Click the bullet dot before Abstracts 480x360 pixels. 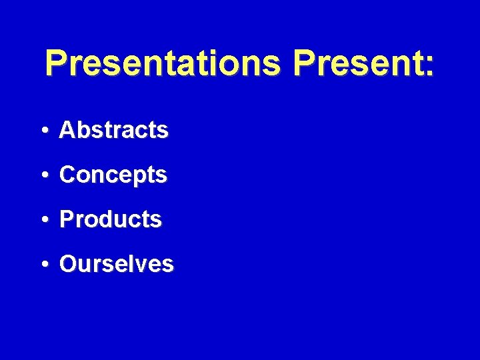[x=43, y=131]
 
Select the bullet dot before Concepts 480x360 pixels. [x=43, y=175]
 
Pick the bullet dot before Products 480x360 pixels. [x=43, y=219]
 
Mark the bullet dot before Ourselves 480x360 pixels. [x=43, y=264]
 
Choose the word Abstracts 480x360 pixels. [x=113, y=130]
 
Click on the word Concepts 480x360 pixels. [x=113, y=175]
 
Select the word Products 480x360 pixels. [x=110, y=219]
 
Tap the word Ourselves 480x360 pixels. [x=116, y=263]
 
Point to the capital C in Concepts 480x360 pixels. [x=67, y=175]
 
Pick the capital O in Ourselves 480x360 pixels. [x=67, y=263]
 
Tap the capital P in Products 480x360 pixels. [x=66, y=219]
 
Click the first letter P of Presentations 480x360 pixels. [x=57, y=64]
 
